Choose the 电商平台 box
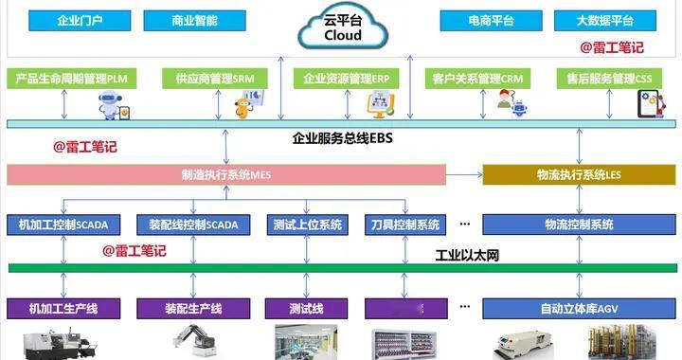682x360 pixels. (491, 20)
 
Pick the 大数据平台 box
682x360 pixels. (605, 20)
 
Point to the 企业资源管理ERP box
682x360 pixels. (348, 79)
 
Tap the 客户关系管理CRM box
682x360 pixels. (477, 79)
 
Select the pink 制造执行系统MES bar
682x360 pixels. (226, 175)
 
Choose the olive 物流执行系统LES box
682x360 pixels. (579, 175)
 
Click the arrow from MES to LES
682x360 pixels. (464, 175)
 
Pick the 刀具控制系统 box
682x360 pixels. (403, 225)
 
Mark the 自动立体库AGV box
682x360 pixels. (579, 308)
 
